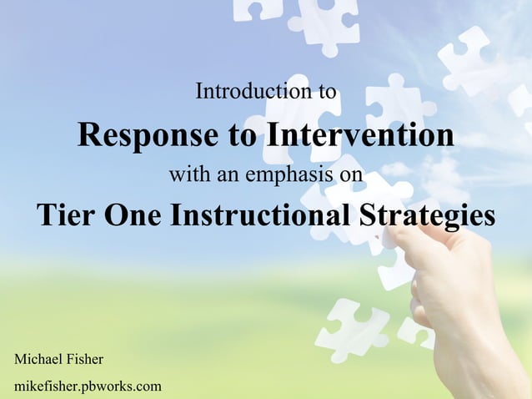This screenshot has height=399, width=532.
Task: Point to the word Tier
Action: tap(68, 215)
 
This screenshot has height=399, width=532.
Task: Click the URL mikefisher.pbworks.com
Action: tap(88, 386)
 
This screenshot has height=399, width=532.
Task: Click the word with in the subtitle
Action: tap(184, 176)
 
